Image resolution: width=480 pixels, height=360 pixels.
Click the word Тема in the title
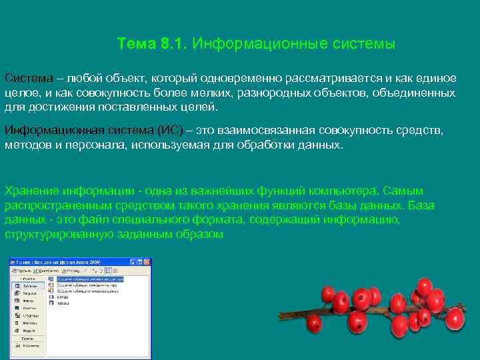(137, 44)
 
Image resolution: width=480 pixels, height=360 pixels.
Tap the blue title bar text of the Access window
(60, 262)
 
